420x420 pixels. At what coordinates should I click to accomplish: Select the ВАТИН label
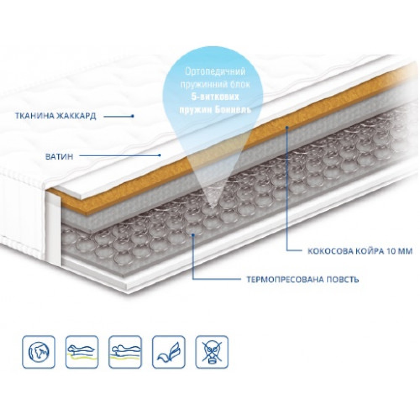click(x=59, y=157)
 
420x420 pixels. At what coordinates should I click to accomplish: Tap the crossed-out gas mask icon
click(x=212, y=352)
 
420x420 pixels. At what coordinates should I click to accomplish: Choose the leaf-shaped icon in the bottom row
click(x=168, y=352)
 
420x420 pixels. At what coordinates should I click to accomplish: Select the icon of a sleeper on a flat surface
click(x=125, y=352)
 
